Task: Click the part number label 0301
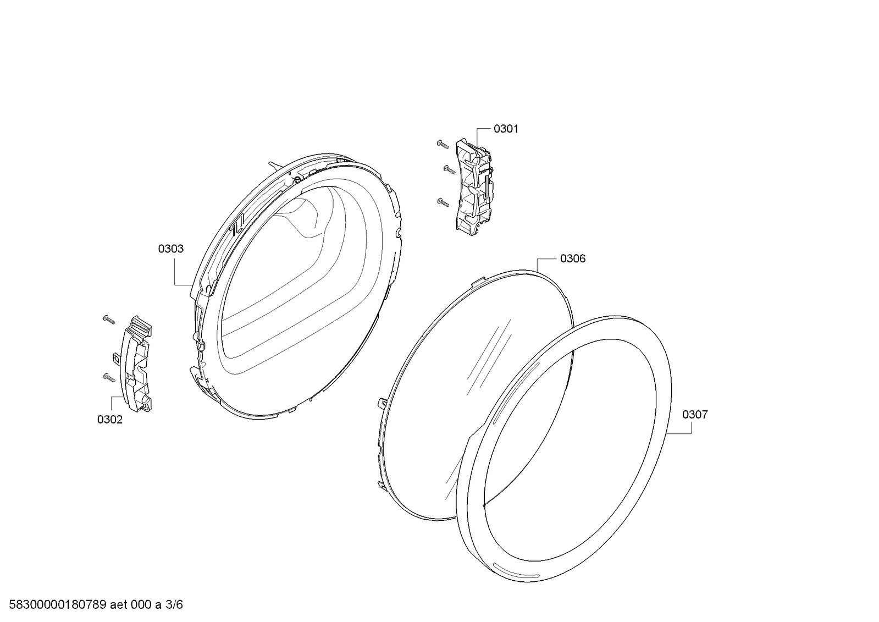(506, 129)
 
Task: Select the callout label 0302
(110, 420)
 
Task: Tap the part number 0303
(171, 249)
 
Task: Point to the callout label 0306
(573, 259)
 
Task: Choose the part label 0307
(695, 415)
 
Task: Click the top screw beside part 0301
(443, 145)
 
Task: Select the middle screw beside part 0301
(449, 169)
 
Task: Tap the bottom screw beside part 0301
(443, 201)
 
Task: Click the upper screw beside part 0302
(109, 320)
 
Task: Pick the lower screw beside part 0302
(109, 377)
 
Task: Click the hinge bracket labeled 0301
(474, 187)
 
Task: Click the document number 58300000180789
(58, 605)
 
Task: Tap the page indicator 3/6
(174, 605)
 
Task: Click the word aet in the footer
(118, 605)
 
